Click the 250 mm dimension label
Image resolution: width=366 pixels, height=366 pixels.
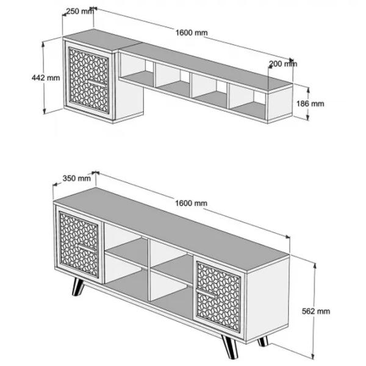click(x=80, y=11)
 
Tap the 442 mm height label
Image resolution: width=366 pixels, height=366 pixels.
click(x=46, y=77)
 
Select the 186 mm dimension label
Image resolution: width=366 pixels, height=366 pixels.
click(x=310, y=104)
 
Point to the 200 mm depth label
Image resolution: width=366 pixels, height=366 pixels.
click(x=283, y=63)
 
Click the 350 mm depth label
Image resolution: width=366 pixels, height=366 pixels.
click(x=77, y=178)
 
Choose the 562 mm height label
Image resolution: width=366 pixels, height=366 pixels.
click(x=316, y=311)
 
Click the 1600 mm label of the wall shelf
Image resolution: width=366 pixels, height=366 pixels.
click(x=192, y=33)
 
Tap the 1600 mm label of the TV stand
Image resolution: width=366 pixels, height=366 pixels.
click(x=191, y=203)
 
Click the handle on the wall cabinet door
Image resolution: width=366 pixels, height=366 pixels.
click(x=98, y=83)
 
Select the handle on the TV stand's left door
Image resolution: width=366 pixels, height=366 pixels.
click(x=87, y=248)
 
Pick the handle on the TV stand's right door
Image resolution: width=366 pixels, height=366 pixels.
click(x=206, y=293)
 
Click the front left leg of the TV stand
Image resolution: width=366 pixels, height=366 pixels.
click(x=77, y=287)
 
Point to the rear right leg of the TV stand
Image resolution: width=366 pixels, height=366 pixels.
click(x=263, y=341)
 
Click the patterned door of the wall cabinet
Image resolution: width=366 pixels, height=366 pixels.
click(x=88, y=80)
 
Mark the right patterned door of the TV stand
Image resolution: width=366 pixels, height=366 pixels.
click(x=219, y=296)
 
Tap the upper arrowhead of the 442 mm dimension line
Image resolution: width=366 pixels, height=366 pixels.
click(x=43, y=45)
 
